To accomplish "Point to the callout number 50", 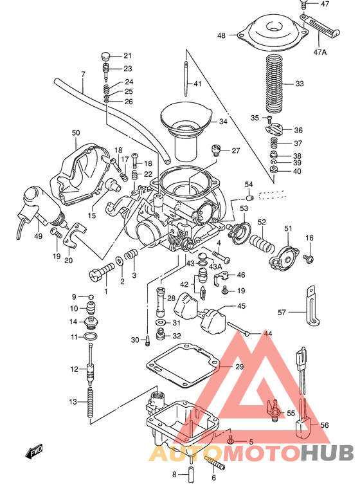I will pos(76,133).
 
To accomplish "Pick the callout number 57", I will pos(281,313).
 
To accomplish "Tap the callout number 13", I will pos(73,401).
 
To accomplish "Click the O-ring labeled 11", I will pos(92,337).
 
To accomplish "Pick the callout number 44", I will pos(267,333).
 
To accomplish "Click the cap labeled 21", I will pos(107,55).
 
